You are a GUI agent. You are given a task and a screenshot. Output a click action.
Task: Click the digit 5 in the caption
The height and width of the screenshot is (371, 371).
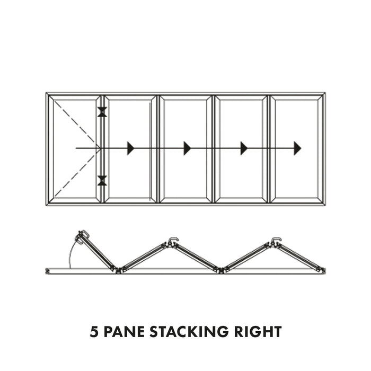[x=93, y=332]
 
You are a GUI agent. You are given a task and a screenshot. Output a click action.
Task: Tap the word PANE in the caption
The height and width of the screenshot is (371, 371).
[x=123, y=332]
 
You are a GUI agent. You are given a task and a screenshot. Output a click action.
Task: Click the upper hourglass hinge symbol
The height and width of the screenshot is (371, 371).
[x=102, y=112]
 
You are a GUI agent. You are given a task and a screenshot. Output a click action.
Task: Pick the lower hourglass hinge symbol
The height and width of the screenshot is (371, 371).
[x=102, y=181]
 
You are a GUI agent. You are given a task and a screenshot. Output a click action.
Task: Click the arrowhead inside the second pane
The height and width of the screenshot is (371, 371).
[x=130, y=148]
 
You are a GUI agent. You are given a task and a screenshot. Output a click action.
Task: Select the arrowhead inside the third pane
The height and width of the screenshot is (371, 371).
[x=187, y=148]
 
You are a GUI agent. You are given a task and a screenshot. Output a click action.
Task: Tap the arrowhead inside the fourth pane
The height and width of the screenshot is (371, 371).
[x=244, y=148]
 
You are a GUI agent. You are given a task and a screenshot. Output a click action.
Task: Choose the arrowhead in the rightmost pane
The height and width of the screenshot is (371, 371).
[x=297, y=148]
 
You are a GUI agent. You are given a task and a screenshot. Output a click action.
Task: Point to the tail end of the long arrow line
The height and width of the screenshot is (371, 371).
[x=77, y=148]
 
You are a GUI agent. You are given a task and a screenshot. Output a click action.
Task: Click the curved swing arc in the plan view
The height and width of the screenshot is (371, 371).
[x=70, y=254]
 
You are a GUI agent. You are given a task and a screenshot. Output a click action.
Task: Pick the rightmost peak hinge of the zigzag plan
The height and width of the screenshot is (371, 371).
[x=276, y=242]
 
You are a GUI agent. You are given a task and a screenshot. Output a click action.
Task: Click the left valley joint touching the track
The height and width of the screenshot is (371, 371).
[x=118, y=269]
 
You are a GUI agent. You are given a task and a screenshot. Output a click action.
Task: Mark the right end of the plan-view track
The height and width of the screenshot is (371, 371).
[x=323, y=270]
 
